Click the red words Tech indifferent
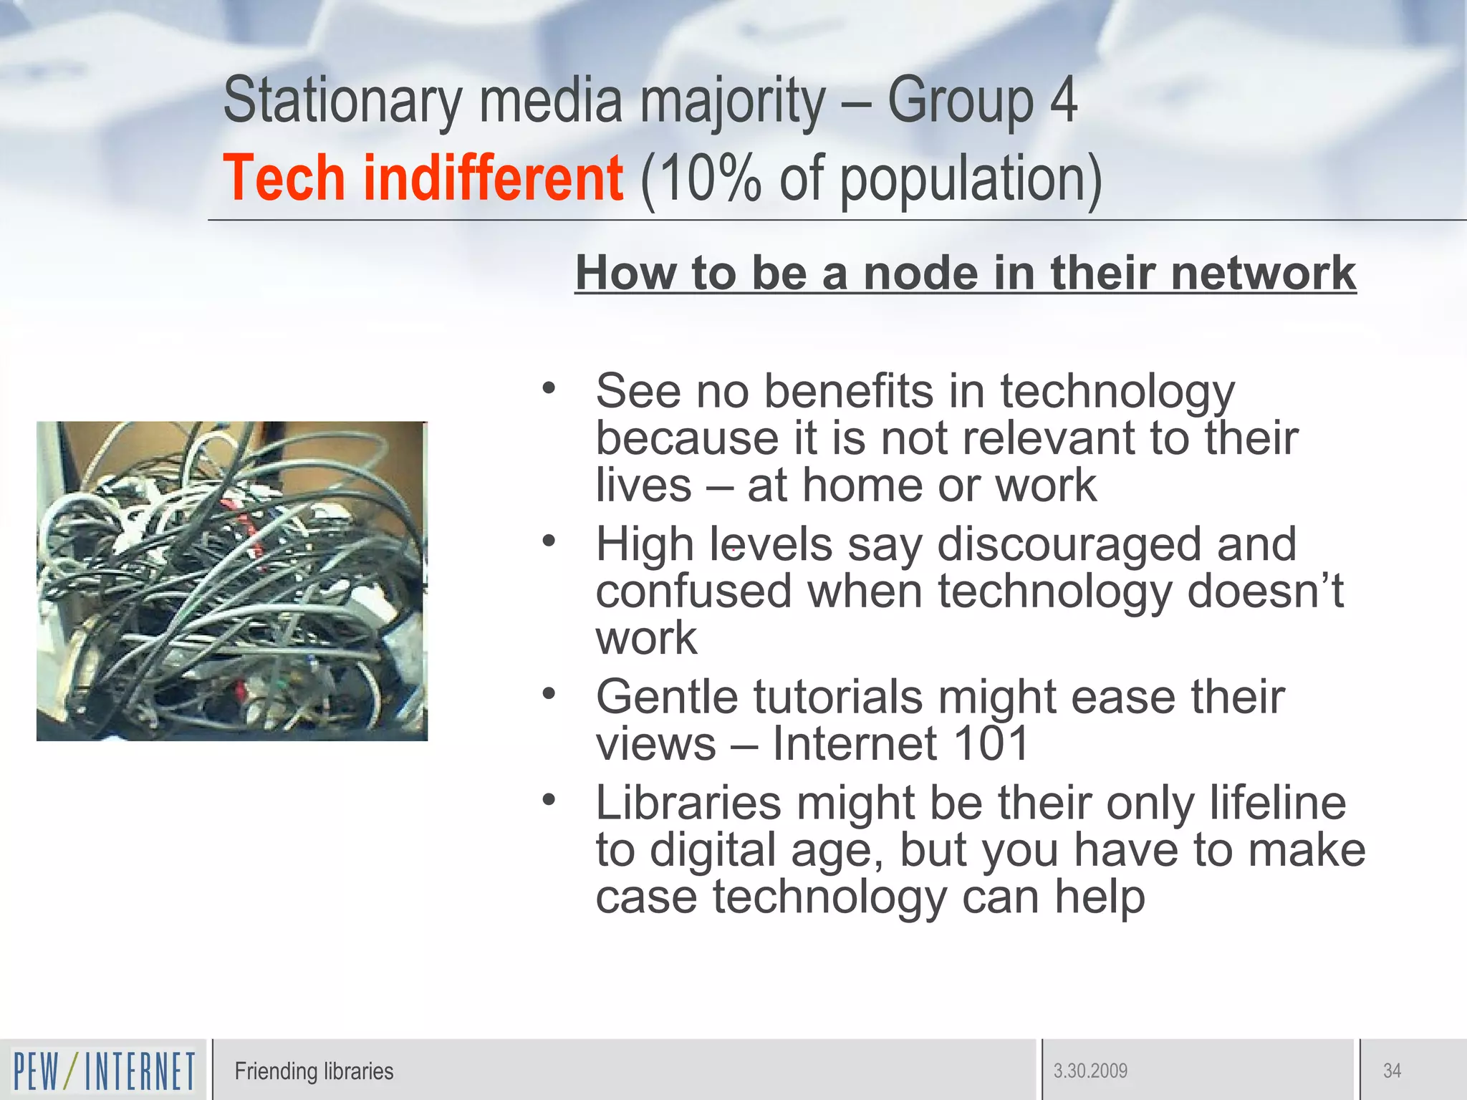[423, 178]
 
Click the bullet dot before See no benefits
[549, 388]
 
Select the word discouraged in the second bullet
[1072, 544]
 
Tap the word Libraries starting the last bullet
[688, 803]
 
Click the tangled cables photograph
[232, 581]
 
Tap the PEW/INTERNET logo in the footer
[104, 1071]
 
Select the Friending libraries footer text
[314, 1071]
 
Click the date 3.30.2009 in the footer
[1090, 1071]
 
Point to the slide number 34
[1392, 1071]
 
